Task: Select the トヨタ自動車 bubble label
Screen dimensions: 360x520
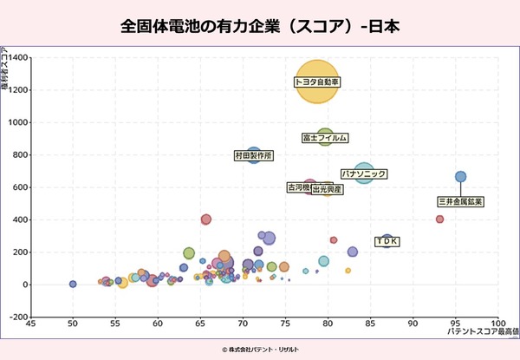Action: pos(318,82)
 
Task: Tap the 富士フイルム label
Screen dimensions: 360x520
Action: pos(325,138)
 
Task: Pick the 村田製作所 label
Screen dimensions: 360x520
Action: pos(254,156)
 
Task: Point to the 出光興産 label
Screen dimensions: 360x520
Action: pos(328,188)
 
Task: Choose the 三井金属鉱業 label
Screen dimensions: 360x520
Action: pos(460,201)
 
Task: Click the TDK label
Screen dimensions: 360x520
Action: pos(387,240)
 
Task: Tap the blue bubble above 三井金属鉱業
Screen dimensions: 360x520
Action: pos(461,176)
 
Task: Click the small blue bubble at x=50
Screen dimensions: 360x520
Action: pos(73,284)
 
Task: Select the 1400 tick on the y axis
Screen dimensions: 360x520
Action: pos(19,58)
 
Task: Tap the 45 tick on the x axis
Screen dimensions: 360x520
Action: pos(30,326)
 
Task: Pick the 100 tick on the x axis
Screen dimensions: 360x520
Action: pos(498,326)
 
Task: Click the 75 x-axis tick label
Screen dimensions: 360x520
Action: pos(286,326)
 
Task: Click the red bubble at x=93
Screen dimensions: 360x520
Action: pos(439,219)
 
